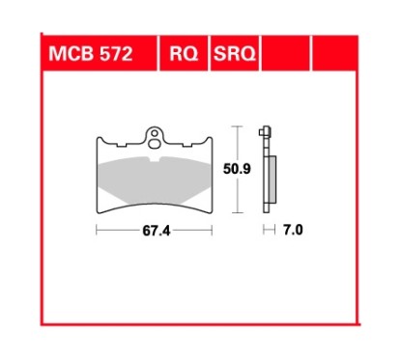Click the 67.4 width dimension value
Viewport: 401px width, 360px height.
(x=155, y=232)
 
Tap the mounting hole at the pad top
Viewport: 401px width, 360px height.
(x=155, y=134)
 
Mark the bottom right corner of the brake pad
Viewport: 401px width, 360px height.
(x=211, y=210)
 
